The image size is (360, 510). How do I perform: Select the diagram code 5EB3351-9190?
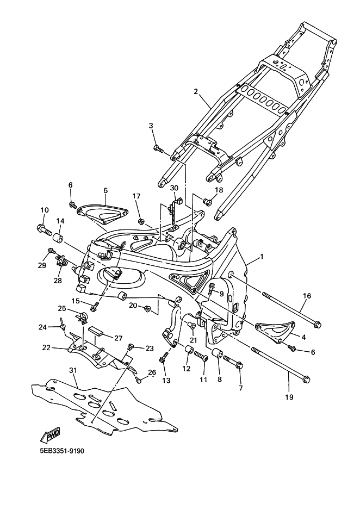[62, 451]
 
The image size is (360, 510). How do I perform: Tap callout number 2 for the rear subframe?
[196, 92]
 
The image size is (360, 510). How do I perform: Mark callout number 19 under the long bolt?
[289, 397]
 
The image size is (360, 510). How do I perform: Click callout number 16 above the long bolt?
[307, 296]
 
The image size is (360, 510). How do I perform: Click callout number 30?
[174, 188]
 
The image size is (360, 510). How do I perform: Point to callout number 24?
[58, 327]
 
